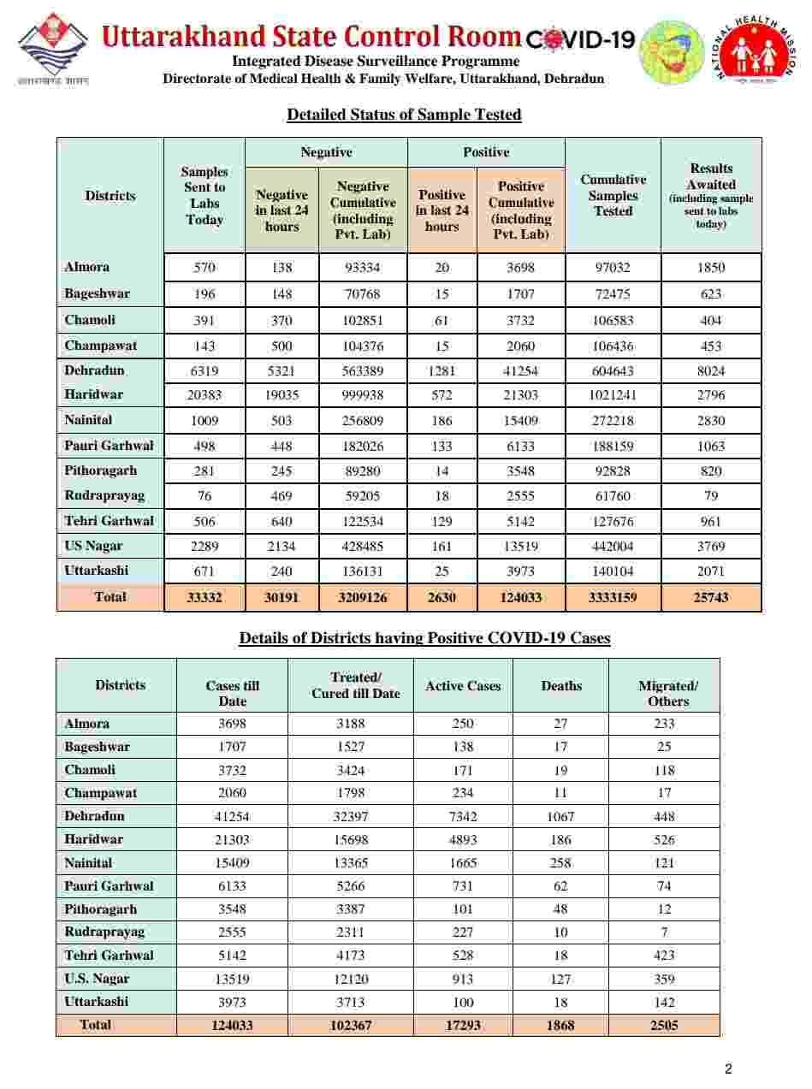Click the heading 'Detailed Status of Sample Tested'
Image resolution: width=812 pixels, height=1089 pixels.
[404, 115]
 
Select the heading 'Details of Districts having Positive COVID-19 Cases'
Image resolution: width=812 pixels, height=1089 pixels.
[424, 638]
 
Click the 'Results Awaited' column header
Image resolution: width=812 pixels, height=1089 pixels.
[710, 195]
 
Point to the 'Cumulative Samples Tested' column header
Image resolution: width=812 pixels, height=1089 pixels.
[613, 195]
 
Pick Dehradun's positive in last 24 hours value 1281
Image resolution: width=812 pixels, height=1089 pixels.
[442, 370]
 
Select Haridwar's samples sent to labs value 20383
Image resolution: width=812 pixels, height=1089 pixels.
[204, 395]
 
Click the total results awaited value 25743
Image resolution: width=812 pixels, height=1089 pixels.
[710, 598]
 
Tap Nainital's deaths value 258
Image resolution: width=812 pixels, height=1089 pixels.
[561, 863]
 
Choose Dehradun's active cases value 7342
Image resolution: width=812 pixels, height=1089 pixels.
[463, 816]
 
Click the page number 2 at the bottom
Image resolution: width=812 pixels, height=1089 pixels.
[728, 1068]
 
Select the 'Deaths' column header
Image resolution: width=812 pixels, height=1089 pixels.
[561, 686]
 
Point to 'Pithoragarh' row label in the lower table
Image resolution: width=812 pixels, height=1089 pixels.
[100, 909]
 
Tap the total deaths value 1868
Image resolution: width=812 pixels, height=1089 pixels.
[561, 1025]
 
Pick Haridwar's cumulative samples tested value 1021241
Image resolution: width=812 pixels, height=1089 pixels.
[613, 395]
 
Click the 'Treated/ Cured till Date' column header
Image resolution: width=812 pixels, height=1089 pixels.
[355, 686]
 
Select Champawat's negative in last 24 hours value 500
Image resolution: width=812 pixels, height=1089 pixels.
[282, 346]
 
